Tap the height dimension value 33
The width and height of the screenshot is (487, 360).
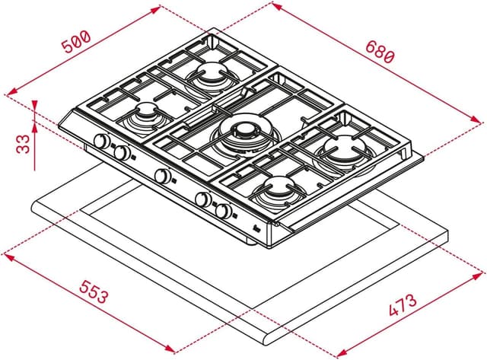(x=22, y=142)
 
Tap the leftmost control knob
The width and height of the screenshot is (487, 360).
(x=100, y=142)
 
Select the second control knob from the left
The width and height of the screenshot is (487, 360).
(x=119, y=152)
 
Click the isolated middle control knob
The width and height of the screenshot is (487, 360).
(x=162, y=177)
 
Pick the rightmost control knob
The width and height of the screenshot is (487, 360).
(x=223, y=211)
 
